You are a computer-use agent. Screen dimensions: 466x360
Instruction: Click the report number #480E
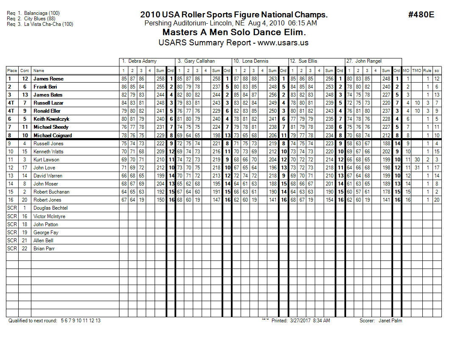point(421,15)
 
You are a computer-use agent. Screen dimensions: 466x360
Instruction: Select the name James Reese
point(48,79)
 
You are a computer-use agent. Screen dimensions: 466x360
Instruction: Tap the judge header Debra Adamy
point(142,61)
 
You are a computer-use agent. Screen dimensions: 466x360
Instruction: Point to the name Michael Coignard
point(53,136)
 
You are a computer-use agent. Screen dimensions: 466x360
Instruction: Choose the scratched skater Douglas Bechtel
point(50,208)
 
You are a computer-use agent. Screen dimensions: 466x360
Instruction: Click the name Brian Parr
point(44,249)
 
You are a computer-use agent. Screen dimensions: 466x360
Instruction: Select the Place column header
point(12,71)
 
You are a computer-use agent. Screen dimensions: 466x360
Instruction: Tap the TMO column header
point(417,71)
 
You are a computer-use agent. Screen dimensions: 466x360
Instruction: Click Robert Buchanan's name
point(51,192)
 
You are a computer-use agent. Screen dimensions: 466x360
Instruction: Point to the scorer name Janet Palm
point(390,321)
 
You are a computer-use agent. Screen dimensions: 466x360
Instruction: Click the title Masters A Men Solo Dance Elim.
point(234,32)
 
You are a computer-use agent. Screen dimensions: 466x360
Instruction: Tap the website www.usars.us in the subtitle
point(283,42)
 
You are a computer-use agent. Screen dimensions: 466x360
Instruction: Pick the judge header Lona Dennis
point(255,61)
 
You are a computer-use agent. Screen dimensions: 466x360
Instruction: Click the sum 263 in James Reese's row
point(272,79)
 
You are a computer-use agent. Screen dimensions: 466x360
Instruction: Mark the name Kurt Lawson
point(46,160)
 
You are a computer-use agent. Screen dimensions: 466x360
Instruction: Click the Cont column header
point(25,71)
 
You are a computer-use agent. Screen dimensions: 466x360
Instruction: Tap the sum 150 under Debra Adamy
point(160,200)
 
